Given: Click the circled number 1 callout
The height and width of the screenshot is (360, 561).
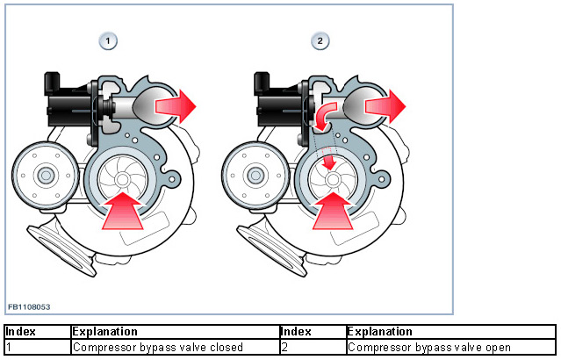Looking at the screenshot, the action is tap(108, 40).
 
